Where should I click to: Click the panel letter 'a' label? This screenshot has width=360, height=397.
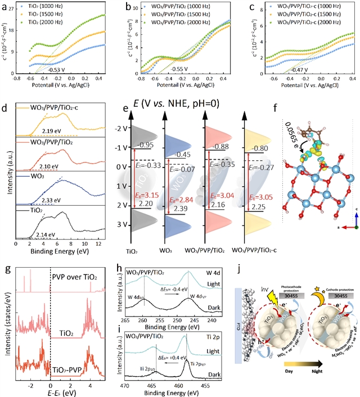click(7, 7)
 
